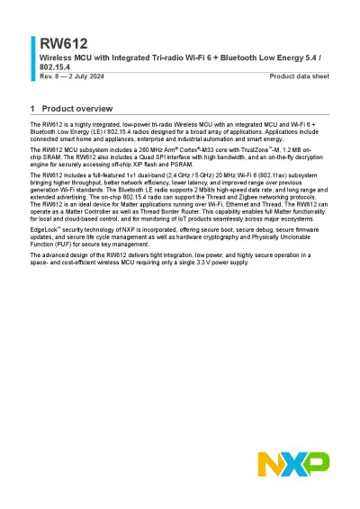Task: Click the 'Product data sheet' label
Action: pos(300,76)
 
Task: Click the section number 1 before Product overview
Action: pos(32,108)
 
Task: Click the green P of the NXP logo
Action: pos(316,464)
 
